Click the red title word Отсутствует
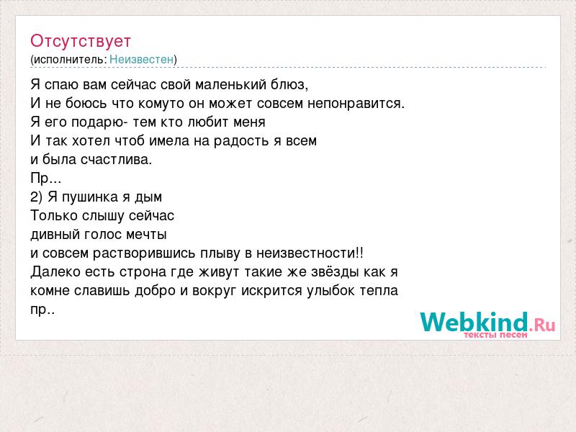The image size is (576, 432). [x=81, y=41]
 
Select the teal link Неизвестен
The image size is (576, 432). [x=141, y=59]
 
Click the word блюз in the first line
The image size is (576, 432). [x=289, y=85]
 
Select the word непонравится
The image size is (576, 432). [x=356, y=104]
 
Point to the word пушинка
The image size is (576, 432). [x=89, y=197]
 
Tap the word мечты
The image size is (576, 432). [x=146, y=235]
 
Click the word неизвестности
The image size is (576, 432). [x=306, y=253]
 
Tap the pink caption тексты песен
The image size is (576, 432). [x=495, y=335]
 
